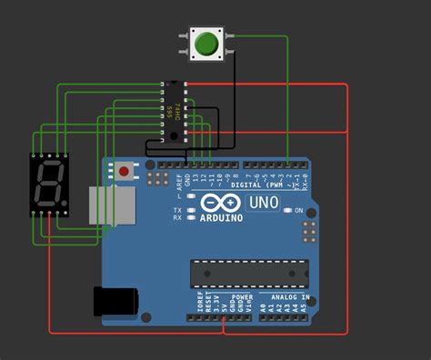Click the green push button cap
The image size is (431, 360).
(206, 43)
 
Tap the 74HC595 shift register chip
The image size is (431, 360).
(173, 112)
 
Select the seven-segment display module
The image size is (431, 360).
(49, 185)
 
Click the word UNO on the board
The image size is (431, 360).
(264, 202)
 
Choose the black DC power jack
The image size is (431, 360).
(115, 301)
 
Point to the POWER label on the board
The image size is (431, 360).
(242, 297)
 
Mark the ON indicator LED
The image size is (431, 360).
(287, 210)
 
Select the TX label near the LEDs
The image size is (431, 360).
(178, 209)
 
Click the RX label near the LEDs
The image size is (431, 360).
(178, 218)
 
